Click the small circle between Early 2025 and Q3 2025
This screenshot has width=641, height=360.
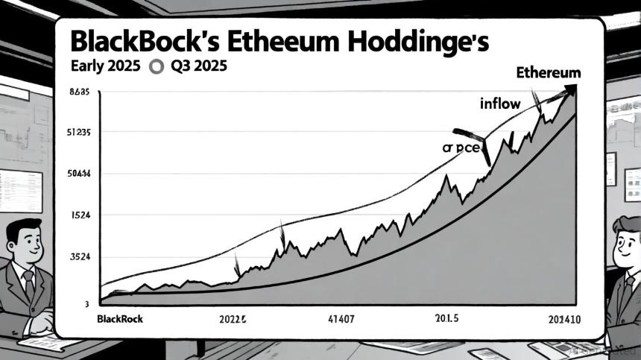[156, 66]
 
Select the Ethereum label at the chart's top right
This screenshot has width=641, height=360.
[548, 73]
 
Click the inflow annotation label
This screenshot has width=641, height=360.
[500, 104]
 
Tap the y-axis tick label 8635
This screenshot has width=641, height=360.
[78, 92]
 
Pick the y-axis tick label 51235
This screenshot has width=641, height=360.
[78, 133]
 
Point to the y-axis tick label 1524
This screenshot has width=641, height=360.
[80, 215]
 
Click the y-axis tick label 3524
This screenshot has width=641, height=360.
[80, 257]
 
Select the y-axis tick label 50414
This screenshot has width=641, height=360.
[78, 174]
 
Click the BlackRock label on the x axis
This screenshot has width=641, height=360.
[120, 318]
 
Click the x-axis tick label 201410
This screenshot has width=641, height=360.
[564, 318]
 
